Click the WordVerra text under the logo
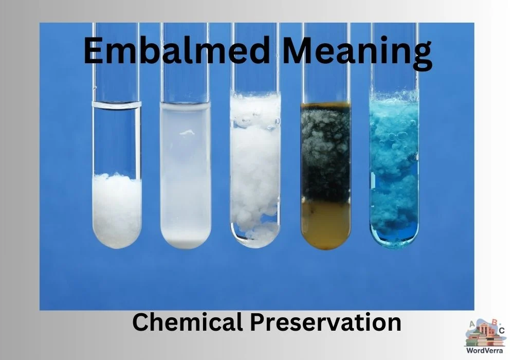[x=485, y=350]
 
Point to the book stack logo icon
[x=485, y=334]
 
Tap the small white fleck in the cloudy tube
[x=185, y=133]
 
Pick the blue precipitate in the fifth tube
[x=394, y=170]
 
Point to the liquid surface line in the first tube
[x=117, y=105]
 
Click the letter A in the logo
[x=470, y=324]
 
